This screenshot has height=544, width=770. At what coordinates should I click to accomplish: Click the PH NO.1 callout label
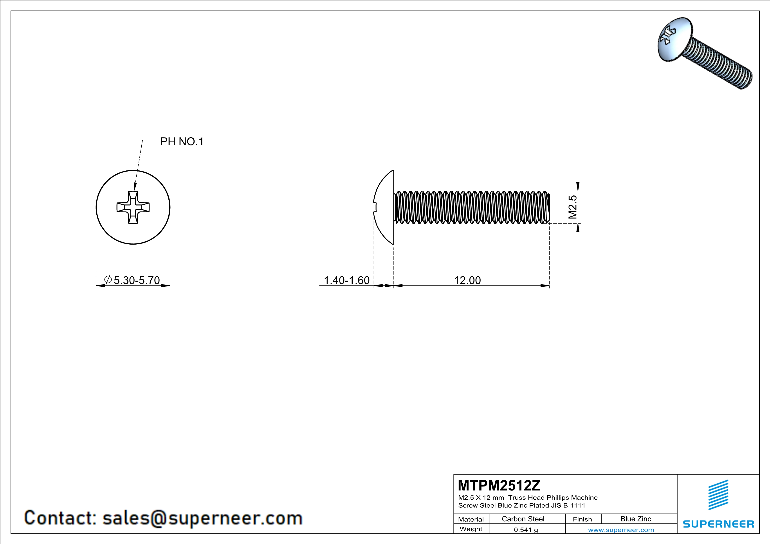182,142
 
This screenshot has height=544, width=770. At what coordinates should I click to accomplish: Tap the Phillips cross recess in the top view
133,207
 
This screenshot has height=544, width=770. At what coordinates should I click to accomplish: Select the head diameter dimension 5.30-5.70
137,280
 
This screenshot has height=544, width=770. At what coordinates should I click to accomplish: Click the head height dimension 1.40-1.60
346,280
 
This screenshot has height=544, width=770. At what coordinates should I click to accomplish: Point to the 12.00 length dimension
467,280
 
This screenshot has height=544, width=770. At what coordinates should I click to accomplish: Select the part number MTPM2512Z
499,485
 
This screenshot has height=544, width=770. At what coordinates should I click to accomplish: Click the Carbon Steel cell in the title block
523,519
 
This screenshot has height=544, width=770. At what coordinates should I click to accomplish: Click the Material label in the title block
471,519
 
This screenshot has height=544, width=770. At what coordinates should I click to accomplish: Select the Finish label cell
582,519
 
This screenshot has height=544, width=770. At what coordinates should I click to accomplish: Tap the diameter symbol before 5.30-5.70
108,279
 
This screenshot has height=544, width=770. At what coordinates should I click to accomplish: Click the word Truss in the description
517,498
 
